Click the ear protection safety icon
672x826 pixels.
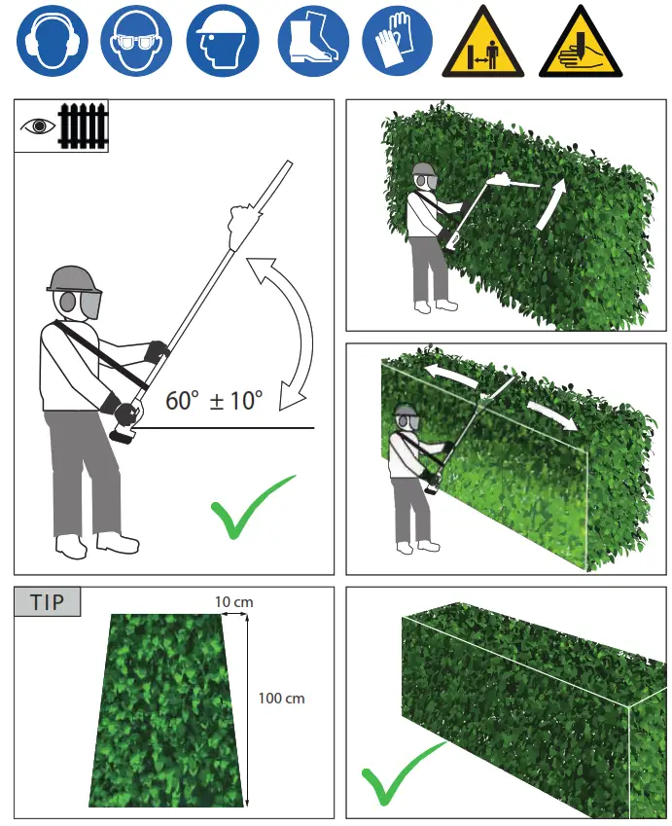coord(52,41)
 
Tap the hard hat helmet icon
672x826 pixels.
coord(223,41)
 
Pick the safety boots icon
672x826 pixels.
coord(312,41)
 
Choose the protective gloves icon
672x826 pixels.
coord(397,41)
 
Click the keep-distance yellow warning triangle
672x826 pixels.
coord(483,45)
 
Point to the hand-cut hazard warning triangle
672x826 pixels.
coord(580,45)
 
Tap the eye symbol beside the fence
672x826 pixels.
coord(38,126)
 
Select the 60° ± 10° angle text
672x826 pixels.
coord(213,400)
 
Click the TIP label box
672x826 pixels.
coord(48,602)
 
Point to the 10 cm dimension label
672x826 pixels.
coord(233,602)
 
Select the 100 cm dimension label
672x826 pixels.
coord(281,698)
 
